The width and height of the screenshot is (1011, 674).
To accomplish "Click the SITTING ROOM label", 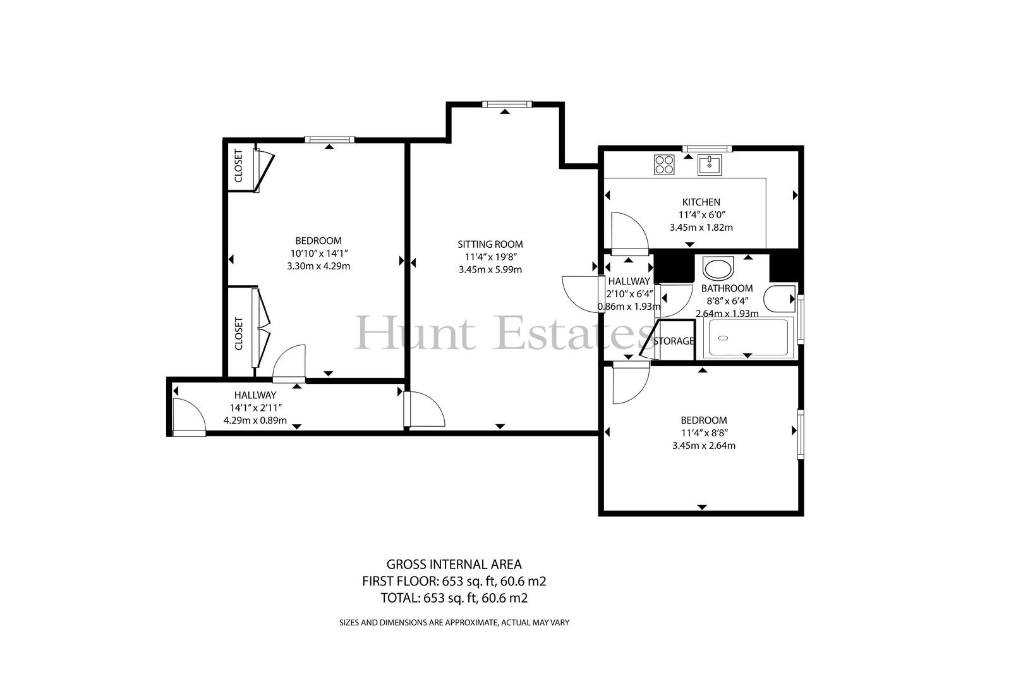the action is point(490,245).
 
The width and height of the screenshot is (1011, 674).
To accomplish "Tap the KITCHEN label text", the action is point(701,202).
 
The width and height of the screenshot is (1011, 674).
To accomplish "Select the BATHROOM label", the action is point(727,288).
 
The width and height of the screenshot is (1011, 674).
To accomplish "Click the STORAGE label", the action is point(674,341).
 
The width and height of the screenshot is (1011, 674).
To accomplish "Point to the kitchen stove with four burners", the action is point(664,164).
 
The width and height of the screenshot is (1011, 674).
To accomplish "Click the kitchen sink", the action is point(710,164).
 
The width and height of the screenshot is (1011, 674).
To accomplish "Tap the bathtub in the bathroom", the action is point(748,338).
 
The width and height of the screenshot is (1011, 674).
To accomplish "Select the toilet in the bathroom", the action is point(780,298).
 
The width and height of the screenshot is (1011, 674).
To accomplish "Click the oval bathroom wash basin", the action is point(718,269).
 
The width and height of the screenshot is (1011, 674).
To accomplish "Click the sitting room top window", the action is point(507,104).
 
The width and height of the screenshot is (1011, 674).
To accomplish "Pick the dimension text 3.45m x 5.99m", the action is point(490,270).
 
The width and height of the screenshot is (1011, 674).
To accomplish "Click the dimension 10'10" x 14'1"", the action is point(318,254).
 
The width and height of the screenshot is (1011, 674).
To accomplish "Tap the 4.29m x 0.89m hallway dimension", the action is point(255,420).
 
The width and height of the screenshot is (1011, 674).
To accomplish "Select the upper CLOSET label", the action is point(239,166).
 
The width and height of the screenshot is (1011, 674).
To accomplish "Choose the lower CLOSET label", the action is point(239,334).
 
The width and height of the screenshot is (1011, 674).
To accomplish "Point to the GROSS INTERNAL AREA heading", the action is point(454,564).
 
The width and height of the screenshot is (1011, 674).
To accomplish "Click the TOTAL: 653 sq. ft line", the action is point(454,598).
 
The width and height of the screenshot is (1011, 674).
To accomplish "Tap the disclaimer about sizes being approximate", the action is point(454,623).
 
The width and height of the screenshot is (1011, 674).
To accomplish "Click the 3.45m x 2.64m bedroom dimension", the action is point(704,446).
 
